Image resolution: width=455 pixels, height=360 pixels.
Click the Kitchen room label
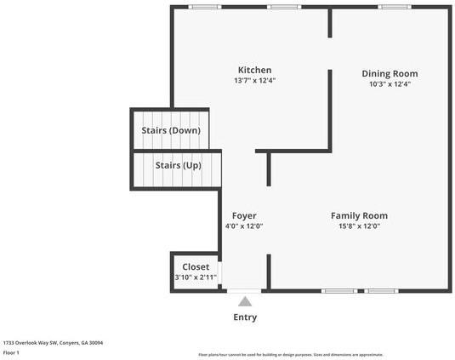(x=254, y=70)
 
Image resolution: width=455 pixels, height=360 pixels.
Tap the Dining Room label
(x=390, y=73)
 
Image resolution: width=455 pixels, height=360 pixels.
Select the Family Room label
(x=359, y=215)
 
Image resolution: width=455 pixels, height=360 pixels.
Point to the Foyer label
(x=244, y=215)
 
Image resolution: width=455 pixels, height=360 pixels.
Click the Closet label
(x=196, y=266)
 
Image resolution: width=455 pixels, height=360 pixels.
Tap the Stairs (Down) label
(x=171, y=130)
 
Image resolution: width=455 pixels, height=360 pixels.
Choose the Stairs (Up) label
(x=178, y=164)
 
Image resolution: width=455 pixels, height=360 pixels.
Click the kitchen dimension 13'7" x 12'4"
(x=254, y=81)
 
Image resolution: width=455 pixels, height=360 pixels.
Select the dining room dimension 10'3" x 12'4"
(x=390, y=84)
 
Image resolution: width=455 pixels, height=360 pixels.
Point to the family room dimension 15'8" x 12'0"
(x=359, y=226)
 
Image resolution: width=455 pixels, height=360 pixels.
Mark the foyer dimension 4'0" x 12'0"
(x=244, y=226)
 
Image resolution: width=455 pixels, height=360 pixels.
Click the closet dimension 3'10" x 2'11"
(x=196, y=277)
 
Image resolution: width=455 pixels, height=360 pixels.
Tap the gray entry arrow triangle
(x=245, y=301)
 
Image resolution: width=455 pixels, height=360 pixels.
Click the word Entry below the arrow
(x=245, y=317)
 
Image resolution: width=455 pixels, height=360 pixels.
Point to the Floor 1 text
(x=11, y=351)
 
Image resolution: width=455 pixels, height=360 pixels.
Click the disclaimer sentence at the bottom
(x=291, y=354)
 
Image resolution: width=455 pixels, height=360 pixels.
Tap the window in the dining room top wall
(x=390, y=7)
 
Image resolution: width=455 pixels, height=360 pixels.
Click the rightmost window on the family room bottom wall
(x=382, y=291)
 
